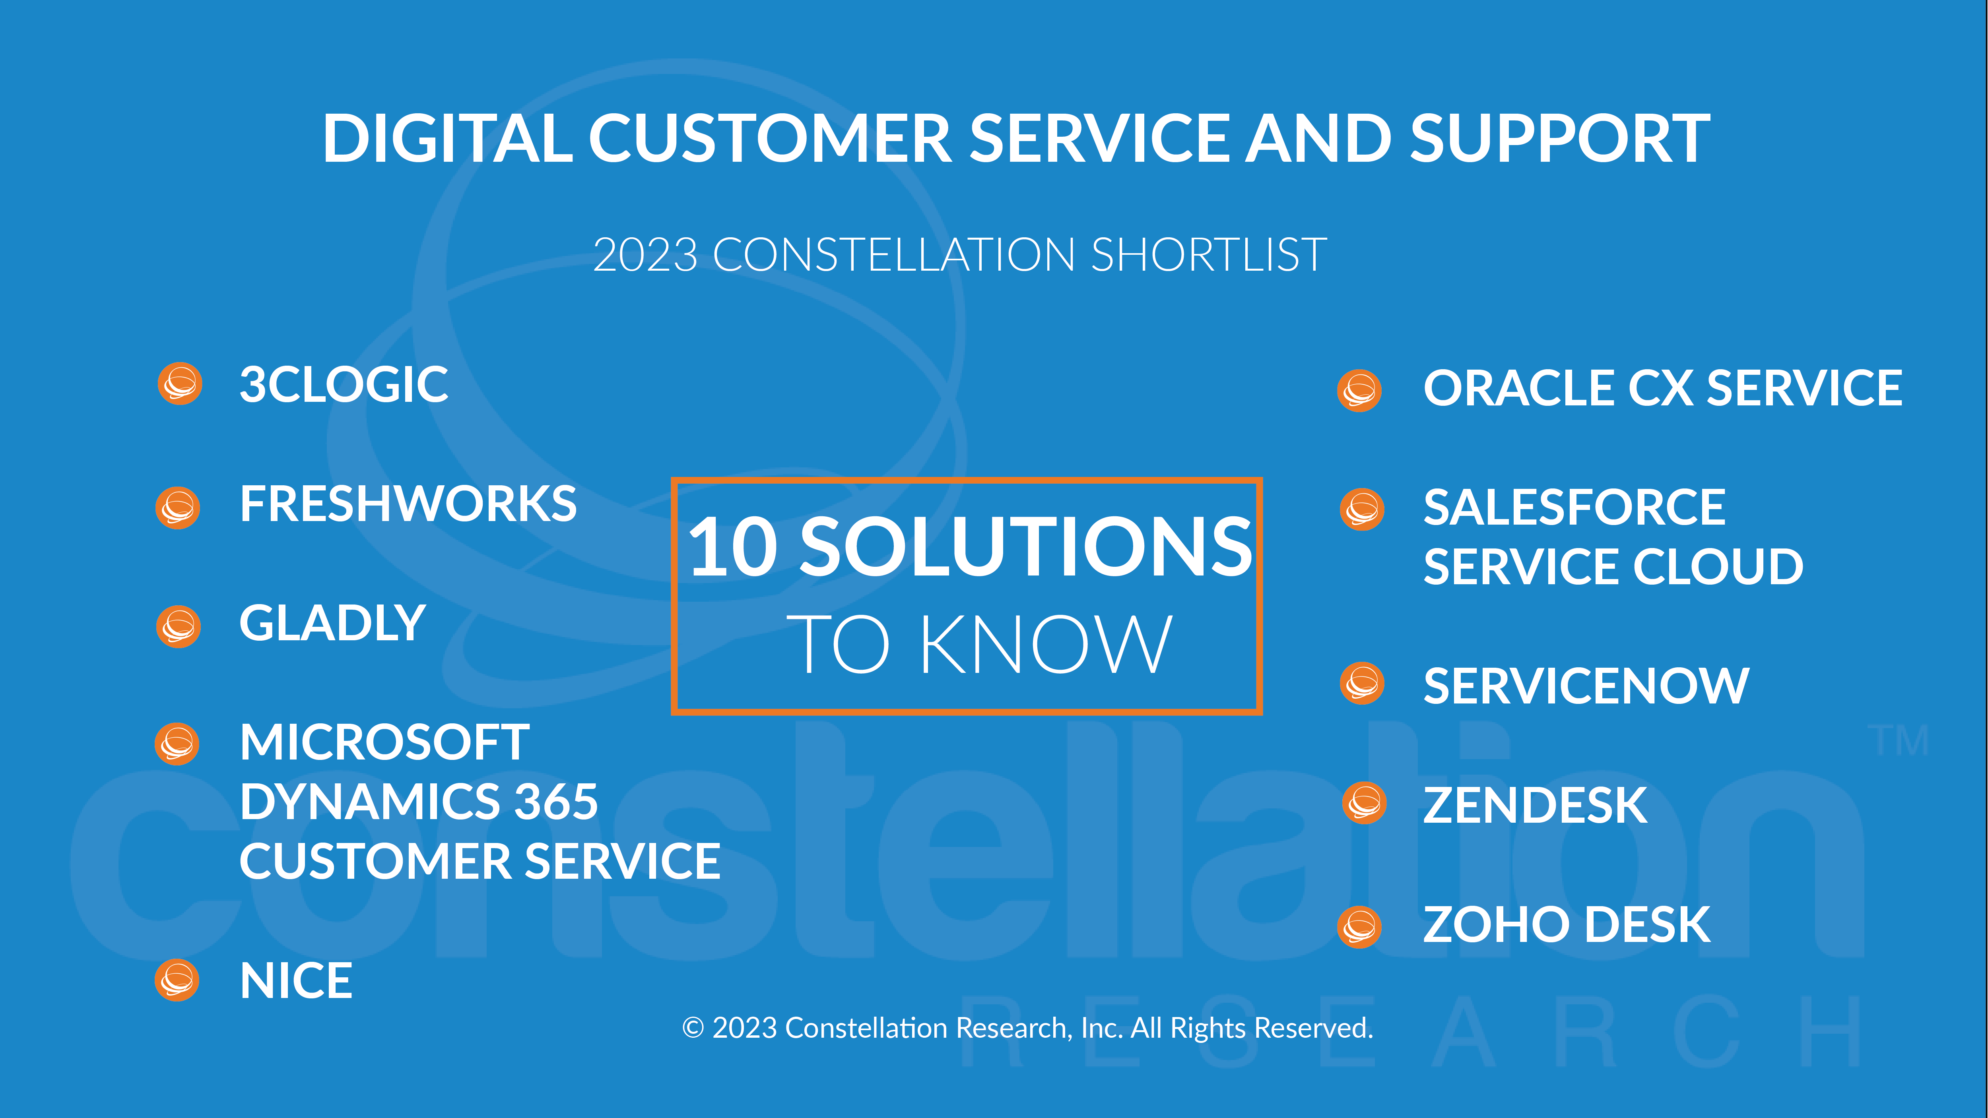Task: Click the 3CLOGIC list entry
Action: (344, 384)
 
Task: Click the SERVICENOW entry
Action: (1586, 686)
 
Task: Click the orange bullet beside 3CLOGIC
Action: (180, 384)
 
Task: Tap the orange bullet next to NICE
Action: (177, 980)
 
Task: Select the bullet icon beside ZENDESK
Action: (1365, 803)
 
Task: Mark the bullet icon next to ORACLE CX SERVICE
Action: (1359, 390)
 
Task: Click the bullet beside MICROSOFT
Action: (177, 744)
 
